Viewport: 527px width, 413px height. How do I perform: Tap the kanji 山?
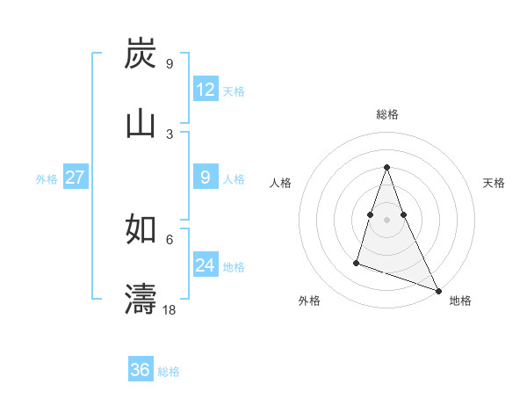[141, 124]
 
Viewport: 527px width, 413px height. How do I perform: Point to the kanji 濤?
[141, 299]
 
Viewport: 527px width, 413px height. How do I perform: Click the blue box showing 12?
[206, 90]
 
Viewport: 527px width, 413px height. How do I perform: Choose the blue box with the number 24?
[206, 265]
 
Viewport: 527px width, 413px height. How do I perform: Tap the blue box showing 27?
[75, 178]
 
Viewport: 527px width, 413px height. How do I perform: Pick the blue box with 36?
[141, 370]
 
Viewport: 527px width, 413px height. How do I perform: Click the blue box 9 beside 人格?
[206, 178]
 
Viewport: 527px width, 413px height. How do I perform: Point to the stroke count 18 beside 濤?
[170, 309]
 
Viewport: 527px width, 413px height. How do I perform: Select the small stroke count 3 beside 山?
[170, 134]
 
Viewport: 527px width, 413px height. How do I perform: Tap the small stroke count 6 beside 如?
[170, 239]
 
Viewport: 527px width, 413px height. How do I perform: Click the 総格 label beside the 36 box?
[169, 372]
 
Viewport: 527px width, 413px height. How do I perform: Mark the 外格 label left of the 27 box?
[47, 179]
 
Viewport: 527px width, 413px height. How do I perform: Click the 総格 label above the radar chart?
[386, 114]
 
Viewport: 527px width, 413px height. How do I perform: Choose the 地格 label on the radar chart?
[460, 301]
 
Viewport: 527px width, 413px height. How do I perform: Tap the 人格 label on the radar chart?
[280, 183]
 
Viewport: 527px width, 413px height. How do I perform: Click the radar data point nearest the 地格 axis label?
[437, 290]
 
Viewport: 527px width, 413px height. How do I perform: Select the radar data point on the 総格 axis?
[386, 167]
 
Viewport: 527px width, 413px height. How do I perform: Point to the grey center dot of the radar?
[386, 220]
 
